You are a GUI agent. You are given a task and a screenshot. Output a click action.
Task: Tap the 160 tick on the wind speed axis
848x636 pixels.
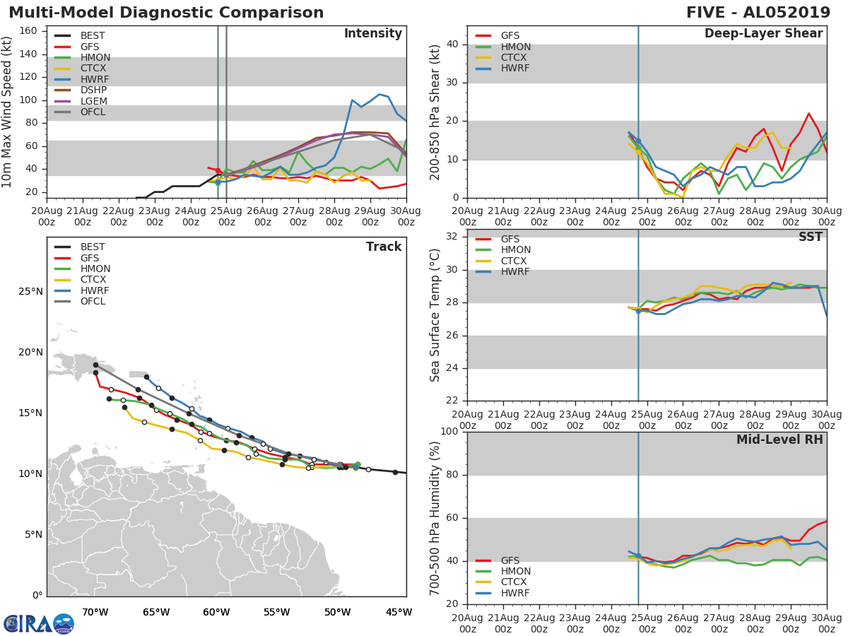point(28,30)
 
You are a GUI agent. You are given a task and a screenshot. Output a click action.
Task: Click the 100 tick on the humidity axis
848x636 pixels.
point(449,432)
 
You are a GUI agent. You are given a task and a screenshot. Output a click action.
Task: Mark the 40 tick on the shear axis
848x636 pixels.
point(452,45)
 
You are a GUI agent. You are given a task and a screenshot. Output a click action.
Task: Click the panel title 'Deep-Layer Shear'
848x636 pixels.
point(763,34)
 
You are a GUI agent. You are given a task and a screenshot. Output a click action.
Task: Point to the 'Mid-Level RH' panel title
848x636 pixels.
point(779,440)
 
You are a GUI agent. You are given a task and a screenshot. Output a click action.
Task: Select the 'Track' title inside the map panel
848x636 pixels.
point(383,247)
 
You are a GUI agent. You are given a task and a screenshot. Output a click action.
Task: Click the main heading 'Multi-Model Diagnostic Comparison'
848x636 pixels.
point(166,13)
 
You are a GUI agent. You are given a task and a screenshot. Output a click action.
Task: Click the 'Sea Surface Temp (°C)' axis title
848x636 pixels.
point(436,315)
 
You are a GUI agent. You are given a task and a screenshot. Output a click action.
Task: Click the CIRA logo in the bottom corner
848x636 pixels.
point(39,624)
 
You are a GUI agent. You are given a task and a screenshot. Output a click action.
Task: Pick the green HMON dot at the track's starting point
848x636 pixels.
point(358,465)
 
